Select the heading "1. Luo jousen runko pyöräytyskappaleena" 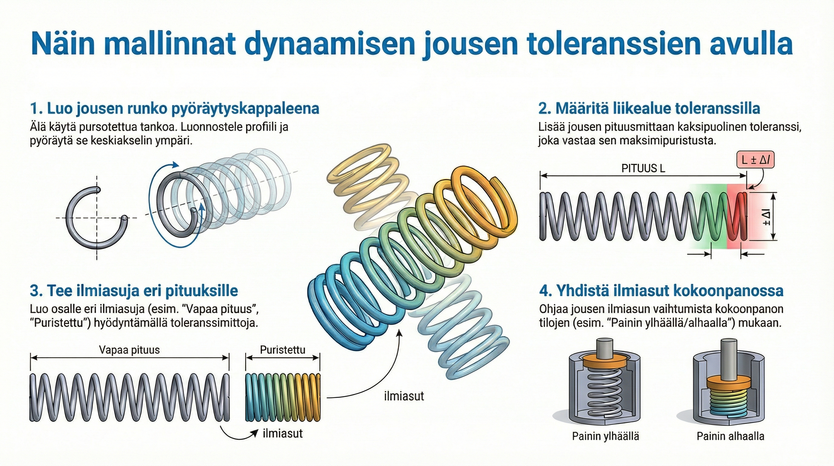point(175,108)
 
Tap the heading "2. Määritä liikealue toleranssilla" point(649,108)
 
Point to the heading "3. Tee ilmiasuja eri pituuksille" point(134,290)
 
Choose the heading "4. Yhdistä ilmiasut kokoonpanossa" point(661,290)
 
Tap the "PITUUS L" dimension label point(643,168)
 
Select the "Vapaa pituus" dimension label point(129,350)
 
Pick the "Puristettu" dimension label point(282,350)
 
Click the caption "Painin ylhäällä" point(605,436)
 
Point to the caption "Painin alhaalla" point(730,436)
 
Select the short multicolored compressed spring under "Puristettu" point(283,397)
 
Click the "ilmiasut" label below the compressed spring point(283,433)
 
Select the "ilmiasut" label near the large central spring point(404,396)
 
